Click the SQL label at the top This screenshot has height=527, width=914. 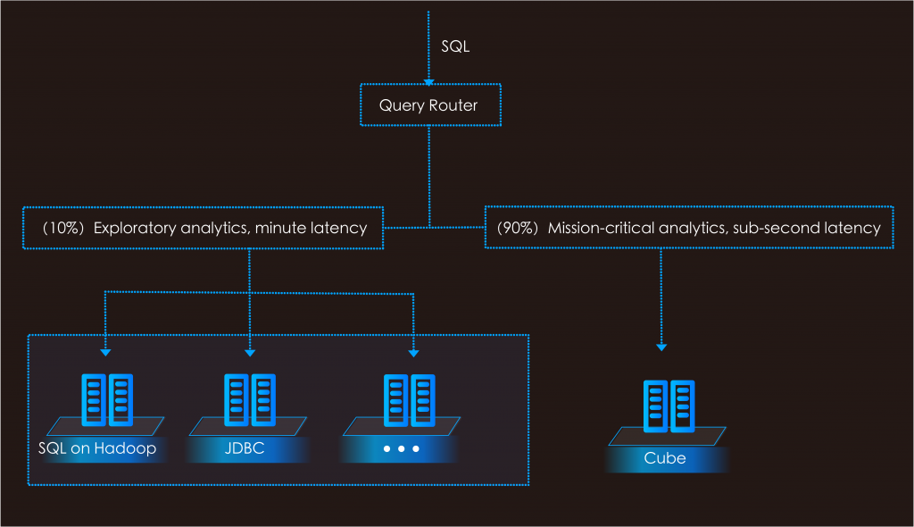(455, 46)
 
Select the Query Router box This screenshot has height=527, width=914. (428, 105)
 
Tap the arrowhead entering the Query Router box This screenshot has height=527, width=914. (429, 79)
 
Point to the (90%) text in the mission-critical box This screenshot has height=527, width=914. (518, 228)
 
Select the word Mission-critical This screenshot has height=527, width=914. (601, 228)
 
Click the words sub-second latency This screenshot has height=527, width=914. (806, 228)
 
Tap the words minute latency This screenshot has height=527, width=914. (311, 228)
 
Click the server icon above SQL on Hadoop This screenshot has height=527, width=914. (106, 400)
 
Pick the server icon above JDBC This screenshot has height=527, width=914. (248, 400)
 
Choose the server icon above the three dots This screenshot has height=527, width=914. (409, 400)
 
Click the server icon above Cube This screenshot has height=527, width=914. (668, 406)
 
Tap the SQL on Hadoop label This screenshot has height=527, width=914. (97, 448)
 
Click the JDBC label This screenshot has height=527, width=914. (245, 448)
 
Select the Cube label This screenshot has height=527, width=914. (665, 458)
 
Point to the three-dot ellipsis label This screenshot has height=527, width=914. (401, 448)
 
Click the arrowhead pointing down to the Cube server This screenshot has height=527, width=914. (661, 347)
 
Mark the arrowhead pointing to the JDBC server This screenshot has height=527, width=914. (249, 354)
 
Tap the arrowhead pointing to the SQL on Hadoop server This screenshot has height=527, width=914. (105, 354)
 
